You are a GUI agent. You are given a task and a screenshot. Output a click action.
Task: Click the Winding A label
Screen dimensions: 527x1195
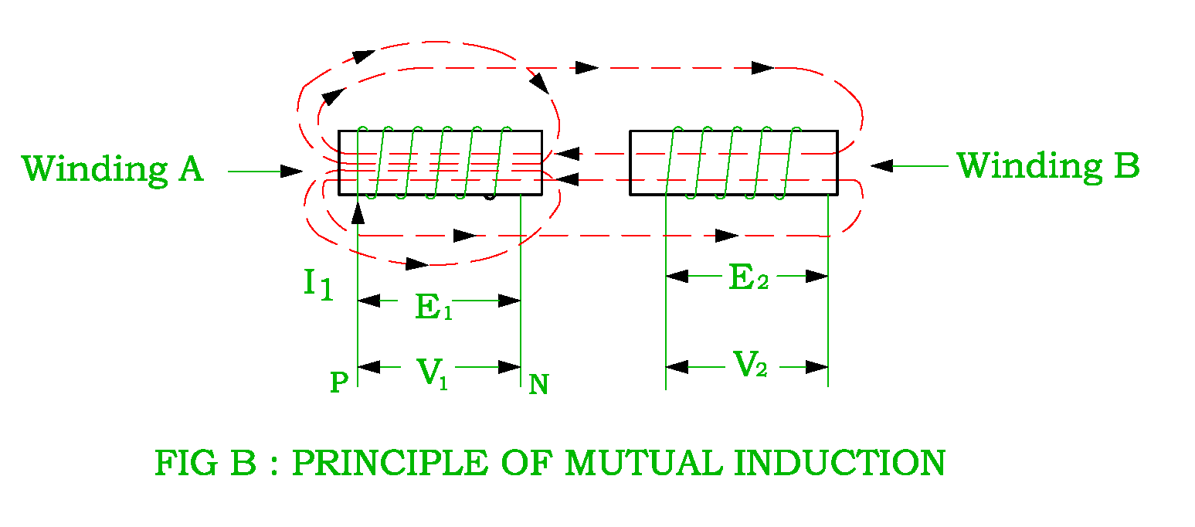pos(113,169)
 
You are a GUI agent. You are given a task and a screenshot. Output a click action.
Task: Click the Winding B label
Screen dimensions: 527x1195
pos(1048,166)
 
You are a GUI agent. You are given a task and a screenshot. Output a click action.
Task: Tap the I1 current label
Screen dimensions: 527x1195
pos(317,284)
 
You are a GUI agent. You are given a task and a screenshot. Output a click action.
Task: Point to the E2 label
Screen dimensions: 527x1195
pos(749,278)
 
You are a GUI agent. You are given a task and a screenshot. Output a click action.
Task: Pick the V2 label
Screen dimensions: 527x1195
pos(749,365)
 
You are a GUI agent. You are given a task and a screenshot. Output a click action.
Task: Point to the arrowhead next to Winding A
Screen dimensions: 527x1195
pos(293,171)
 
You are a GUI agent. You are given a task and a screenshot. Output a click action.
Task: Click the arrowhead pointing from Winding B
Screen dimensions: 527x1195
pos(881,165)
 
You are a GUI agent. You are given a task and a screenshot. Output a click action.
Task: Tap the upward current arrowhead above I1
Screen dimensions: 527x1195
pos(358,210)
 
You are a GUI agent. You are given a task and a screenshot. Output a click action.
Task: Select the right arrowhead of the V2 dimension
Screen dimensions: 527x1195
pos(817,367)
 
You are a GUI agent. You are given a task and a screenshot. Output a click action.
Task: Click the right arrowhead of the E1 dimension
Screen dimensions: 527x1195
pos(510,301)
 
